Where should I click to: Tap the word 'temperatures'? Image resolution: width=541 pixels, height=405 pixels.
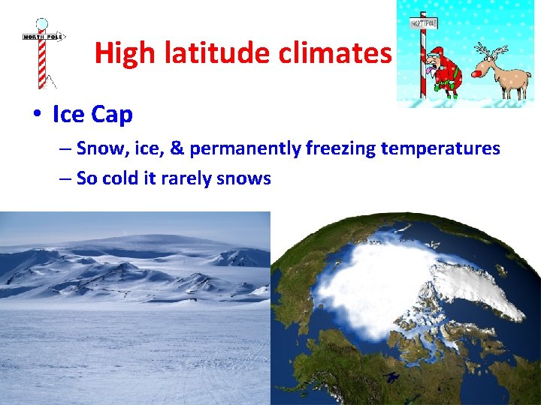click(x=440, y=148)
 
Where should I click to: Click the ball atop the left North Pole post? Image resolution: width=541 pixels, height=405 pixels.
click(x=42, y=24)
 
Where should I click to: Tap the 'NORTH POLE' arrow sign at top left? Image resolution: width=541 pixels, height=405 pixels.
click(x=44, y=36)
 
